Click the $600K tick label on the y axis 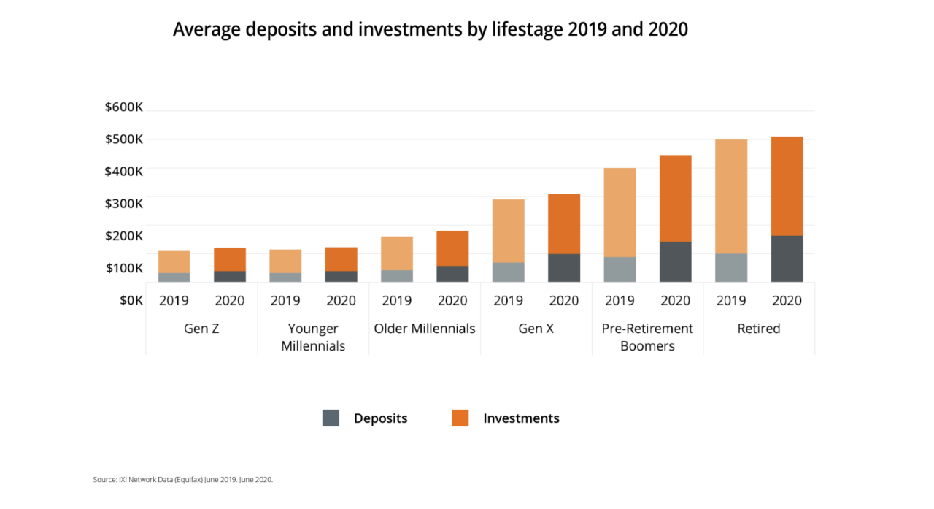pos(123,107)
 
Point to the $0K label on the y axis pos(131,300)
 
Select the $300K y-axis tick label pos(123,203)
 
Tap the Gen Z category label pos(201,329)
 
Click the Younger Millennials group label pos(313,337)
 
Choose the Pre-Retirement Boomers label pos(647,337)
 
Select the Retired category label pos(759,329)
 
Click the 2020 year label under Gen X pos(564,300)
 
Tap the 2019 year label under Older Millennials pos(397,300)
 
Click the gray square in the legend pos(331,418)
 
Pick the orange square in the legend pos(460,418)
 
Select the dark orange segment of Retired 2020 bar pos(787,186)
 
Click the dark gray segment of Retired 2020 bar pos(787,259)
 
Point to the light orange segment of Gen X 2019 pos(508,231)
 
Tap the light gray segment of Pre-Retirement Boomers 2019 pos(620,269)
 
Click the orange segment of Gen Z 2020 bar pos(230,259)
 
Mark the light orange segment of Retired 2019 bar pos(731,196)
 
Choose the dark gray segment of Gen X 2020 pos(564,267)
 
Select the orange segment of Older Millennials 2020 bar pos(452,248)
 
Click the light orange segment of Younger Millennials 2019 pos(285,261)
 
